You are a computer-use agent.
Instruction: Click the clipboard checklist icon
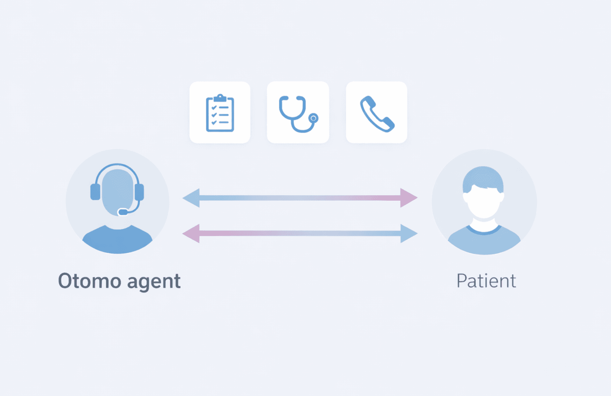220,113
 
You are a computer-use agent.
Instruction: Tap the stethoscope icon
298,113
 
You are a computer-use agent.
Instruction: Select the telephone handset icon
377,113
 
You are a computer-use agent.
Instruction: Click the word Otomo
89,281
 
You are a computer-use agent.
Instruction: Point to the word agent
154,282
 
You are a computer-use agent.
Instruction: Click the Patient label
486,281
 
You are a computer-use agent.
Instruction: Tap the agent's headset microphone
123,212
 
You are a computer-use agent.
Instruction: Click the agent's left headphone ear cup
95,192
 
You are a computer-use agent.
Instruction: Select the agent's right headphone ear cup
139,192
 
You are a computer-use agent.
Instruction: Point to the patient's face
484,202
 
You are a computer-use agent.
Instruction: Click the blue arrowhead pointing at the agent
192,198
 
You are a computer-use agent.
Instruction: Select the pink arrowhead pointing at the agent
192,233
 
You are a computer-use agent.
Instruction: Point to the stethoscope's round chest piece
313,118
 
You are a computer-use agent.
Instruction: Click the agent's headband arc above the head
117,165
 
